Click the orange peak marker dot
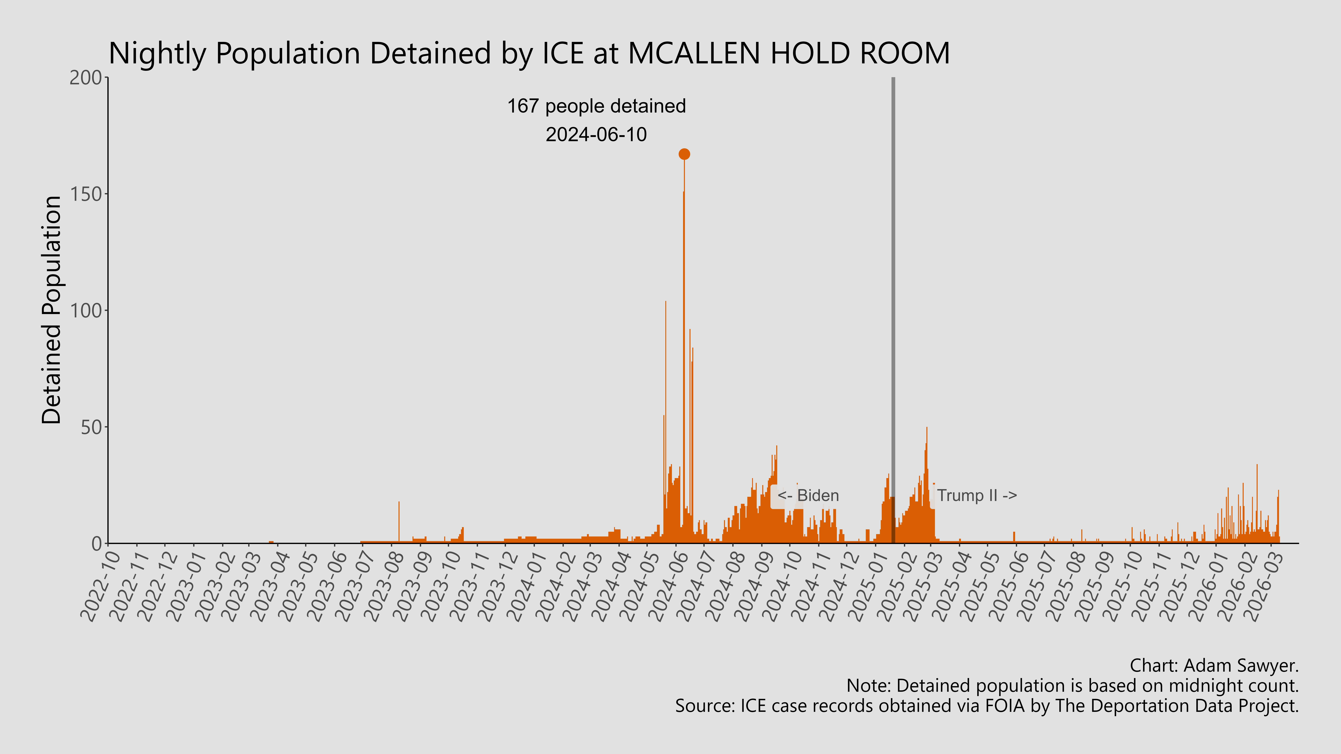tap(684, 154)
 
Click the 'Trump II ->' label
tap(977, 495)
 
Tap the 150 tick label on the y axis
tap(86, 194)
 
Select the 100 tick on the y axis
tap(86, 311)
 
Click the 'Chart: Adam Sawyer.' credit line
tap(1214, 665)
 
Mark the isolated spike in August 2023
tap(399, 520)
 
